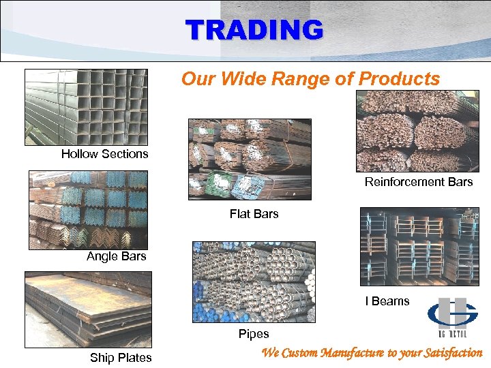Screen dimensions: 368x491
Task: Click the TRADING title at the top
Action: pos(254,30)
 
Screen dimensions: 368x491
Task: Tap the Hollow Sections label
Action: pos(104,154)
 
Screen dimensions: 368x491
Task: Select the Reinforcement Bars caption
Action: pos(418,182)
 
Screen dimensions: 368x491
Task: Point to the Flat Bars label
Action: pos(254,214)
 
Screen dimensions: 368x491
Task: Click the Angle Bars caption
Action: pos(116,257)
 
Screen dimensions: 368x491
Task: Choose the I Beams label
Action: pos(387,301)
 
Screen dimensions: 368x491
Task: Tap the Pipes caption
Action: pos(254,334)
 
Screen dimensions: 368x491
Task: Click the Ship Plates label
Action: pos(121,358)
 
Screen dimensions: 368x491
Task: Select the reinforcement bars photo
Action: pos(417,131)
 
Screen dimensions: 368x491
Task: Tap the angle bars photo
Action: pos(88,209)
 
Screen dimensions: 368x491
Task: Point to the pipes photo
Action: pos(254,281)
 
